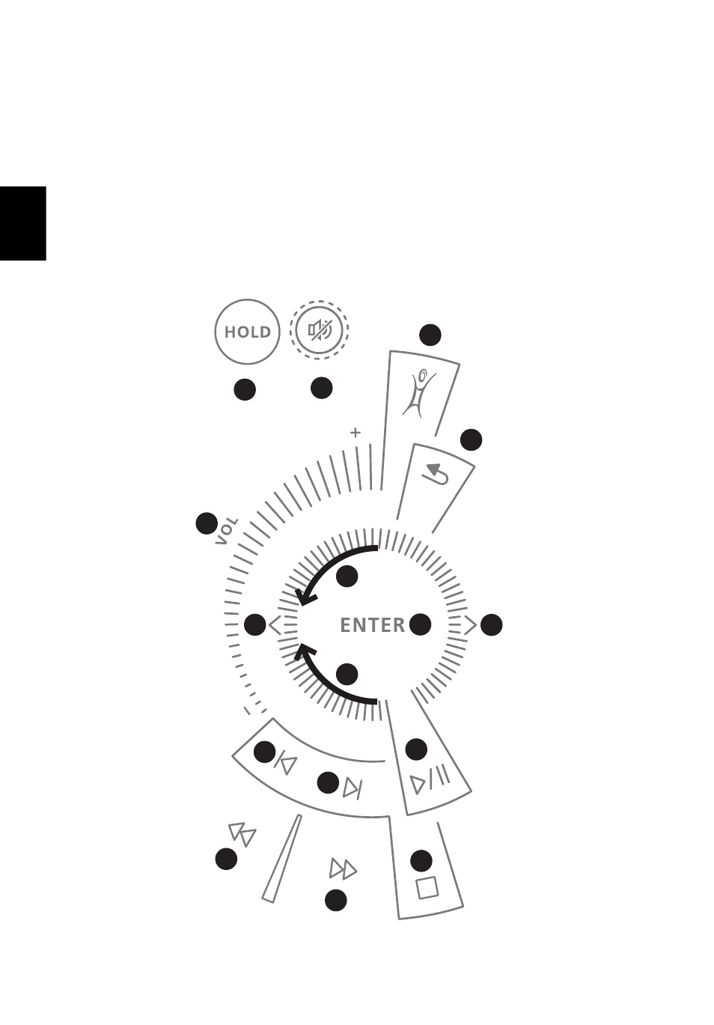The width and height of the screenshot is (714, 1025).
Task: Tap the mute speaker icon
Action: (x=320, y=329)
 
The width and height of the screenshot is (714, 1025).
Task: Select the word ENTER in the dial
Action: (x=373, y=625)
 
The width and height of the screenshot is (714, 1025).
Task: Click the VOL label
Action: (x=226, y=531)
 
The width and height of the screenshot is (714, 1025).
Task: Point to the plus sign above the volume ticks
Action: (x=356, y=433)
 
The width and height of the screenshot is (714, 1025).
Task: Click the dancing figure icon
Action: (x=418, y=394)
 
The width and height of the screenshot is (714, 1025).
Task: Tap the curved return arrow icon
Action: (x=435, y=474)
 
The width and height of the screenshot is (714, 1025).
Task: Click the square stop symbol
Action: (x=427, y=888)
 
